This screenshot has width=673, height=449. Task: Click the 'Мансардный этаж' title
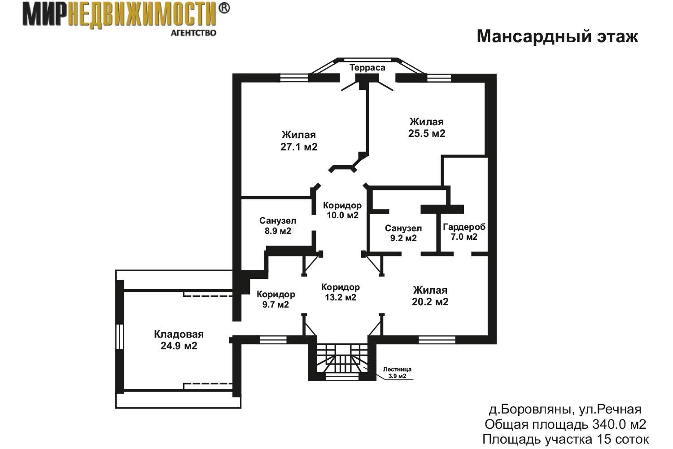click(557, 37)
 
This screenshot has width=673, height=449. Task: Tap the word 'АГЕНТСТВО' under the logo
click(193, 33)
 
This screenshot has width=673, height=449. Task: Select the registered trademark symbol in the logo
click(223, 9)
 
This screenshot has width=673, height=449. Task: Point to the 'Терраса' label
click(367, 68)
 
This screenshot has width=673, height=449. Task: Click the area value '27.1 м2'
click(299, 147)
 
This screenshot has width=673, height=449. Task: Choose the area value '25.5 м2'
click(427, 133)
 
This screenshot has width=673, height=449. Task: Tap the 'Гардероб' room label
click(464, 227)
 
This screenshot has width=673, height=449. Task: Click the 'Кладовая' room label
click(179, 334)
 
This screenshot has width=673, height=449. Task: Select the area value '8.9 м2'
click(278, 231)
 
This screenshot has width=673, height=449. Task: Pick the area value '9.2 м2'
click(403, 238)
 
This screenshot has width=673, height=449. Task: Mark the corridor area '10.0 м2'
click(342, 216)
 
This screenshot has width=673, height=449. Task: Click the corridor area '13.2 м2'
click(341, 297)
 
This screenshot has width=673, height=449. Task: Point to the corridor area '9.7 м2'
click(275, 304)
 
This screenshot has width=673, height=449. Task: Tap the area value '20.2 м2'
click(430, 302)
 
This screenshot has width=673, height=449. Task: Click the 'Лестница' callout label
click(397, 370)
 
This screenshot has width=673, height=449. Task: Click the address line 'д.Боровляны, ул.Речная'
click(565, 409)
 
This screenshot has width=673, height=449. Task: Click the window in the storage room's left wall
click(120, 336)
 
